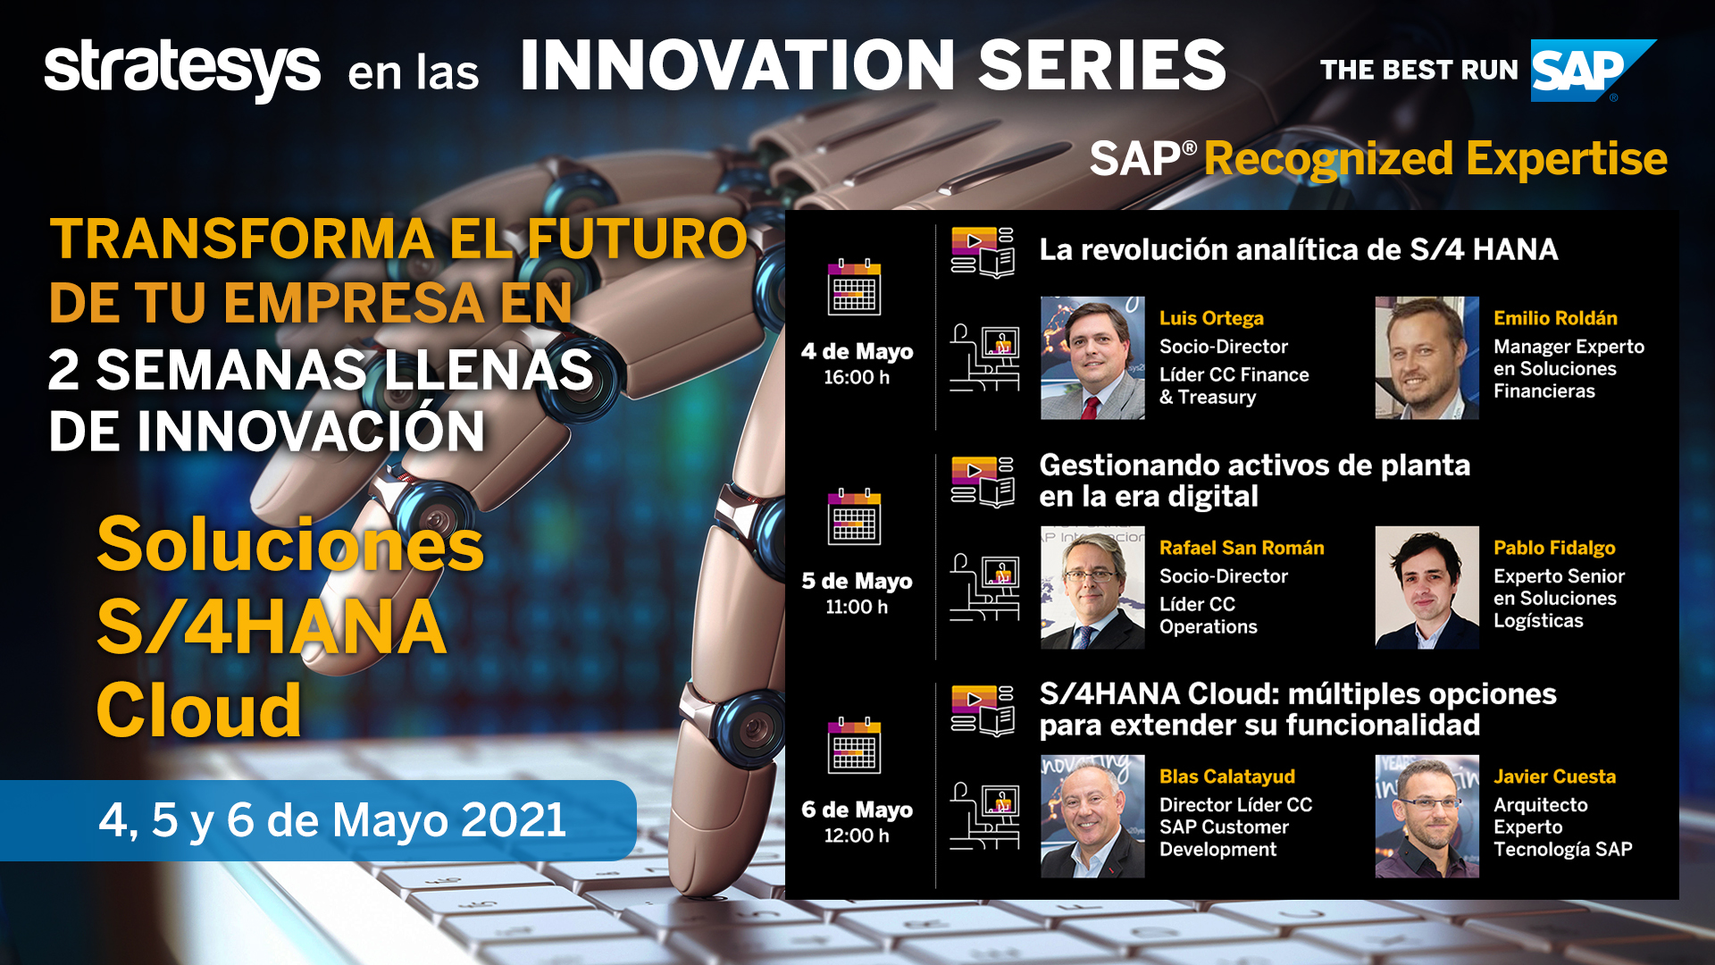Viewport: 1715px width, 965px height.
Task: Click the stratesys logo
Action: point(182,70)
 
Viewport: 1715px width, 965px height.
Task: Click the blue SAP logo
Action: point(1593,71)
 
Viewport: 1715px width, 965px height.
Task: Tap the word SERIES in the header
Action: point(1102,65)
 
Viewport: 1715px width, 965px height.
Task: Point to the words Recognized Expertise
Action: point(1435,159)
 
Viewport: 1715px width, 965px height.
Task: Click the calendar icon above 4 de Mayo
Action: point(855,287)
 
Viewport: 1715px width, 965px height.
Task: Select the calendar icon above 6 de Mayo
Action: point(855,745)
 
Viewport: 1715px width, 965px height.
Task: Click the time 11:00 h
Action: point(857,607)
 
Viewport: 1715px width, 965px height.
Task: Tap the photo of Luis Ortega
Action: point(1092,358)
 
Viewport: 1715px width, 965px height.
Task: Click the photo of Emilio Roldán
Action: point(1426,358)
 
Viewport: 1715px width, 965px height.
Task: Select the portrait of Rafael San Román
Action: point(1092,587)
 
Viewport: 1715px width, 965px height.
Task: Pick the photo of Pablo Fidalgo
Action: point(1426,587)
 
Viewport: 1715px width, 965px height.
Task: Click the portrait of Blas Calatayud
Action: point(1092,817)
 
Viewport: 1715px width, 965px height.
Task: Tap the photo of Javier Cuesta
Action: point(1426,817)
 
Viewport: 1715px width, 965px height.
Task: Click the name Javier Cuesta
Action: point(1554,776)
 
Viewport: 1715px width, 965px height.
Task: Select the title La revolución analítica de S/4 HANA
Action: point(1299,249)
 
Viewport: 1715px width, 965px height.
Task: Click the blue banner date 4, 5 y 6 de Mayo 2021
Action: point(332,819)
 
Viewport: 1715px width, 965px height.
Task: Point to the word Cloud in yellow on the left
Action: point(199,709)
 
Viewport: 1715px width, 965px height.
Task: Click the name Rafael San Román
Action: point(1242,548)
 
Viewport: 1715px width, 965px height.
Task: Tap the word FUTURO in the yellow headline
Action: point(637,239)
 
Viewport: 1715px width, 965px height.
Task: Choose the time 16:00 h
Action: point(857,377)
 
